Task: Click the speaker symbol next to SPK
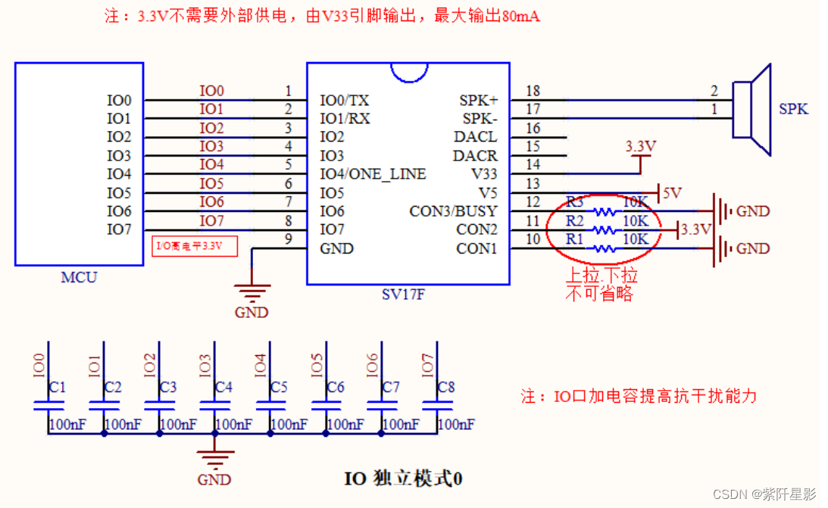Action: (752, 110)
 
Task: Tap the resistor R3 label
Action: (575, 202)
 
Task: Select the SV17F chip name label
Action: (403, 295)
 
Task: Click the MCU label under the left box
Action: (79, 277)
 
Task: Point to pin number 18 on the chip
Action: (533, 92)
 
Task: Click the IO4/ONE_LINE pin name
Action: (373, 174)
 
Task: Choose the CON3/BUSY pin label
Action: (453, 211)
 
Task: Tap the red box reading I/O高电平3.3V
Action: (195, 246)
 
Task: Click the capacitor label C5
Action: (279, 388)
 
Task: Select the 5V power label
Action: (672, 193)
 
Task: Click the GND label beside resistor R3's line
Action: (753, 211)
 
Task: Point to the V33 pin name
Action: (483, 174)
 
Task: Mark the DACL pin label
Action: (475, 137)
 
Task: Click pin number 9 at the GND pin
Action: (288, 240)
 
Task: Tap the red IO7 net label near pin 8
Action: (212, 221)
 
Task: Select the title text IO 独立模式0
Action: (403, 478)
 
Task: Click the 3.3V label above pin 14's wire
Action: (640, 145)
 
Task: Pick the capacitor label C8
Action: (446, 388)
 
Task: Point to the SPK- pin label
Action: (480, 119)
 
